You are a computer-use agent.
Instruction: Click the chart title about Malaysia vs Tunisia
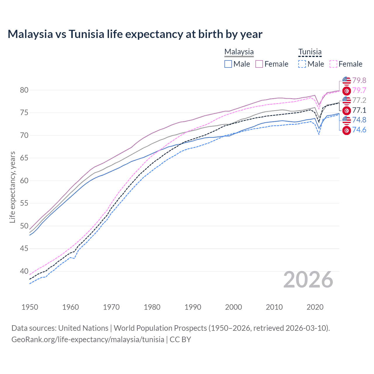(135, 34)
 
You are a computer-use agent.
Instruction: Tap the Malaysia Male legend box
(228, 64)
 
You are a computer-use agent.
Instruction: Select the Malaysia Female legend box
(259, 64)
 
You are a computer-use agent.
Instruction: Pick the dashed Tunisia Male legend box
(302, 64)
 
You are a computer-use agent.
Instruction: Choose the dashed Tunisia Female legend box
(333, 64)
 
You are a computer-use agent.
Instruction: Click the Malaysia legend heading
(239, 52)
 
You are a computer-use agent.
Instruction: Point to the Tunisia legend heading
(310, 52)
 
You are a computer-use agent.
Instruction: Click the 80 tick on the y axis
(24, 90)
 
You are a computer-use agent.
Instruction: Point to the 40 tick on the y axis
(24, 271)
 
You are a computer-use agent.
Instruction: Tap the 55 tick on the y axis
(24, 203)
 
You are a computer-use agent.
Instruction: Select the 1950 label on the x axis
(30, 307)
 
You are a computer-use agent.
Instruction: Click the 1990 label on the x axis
(193, 307)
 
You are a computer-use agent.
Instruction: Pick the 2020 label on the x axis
(315, 307)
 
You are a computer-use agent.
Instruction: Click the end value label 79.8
(359, 80)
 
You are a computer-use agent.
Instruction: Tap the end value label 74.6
(359, 130)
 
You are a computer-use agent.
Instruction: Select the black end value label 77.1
(359, 110)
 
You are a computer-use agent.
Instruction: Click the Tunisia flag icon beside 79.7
(347, 91)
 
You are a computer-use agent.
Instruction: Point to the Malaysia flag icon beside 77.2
(347, 101)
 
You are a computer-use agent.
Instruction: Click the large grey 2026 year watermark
(308, 280)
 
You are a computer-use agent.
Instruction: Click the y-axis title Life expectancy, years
(13, 187)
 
